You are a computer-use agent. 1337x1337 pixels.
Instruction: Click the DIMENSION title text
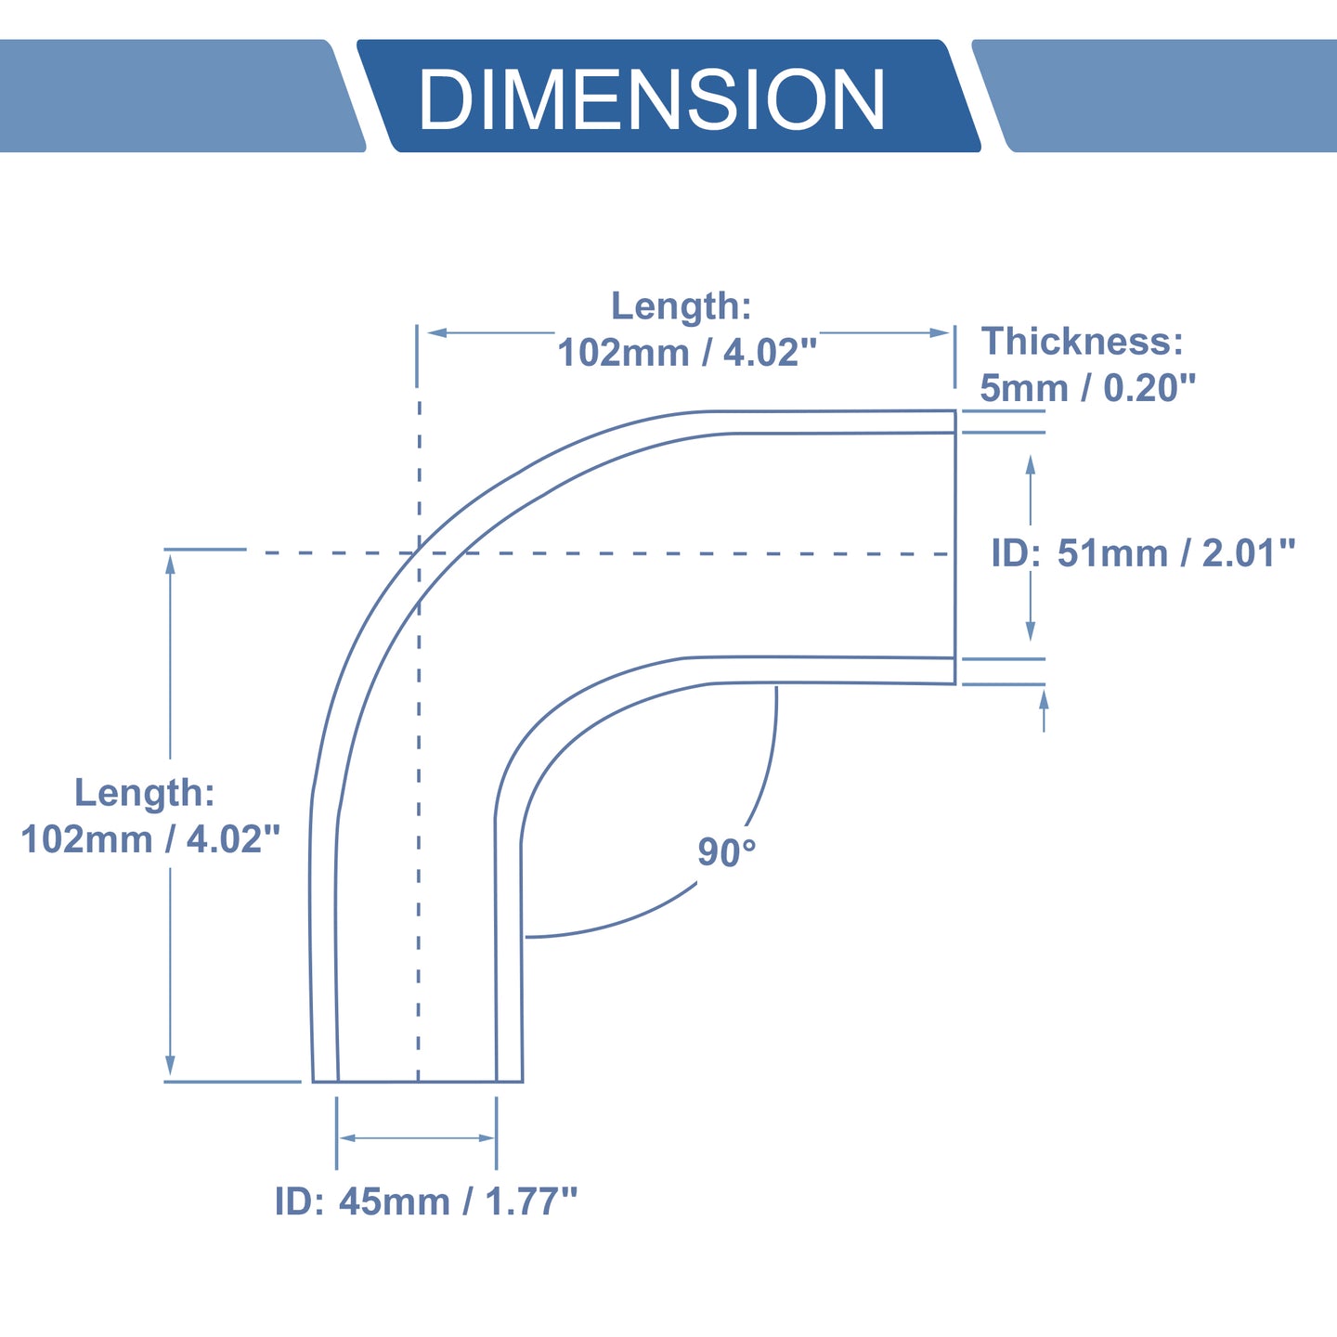click(x=652, y=99)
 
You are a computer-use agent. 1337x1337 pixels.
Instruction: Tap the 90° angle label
click(x=726, y=851)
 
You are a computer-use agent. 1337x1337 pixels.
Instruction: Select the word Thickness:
click(x=1082, y=342)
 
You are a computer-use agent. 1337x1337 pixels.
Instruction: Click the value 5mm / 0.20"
click(x=1088, y=388)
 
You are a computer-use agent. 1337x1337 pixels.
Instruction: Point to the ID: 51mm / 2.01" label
click(x=1144, y=553)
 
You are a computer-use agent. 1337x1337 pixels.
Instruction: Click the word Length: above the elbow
click(x=681, y=306)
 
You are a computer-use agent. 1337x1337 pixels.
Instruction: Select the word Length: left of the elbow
click(x=144, y=793)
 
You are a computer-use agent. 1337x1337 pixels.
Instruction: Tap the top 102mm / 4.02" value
click(x=688, y=353)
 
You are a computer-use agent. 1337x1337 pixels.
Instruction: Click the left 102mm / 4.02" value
click(x=150, y=838)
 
